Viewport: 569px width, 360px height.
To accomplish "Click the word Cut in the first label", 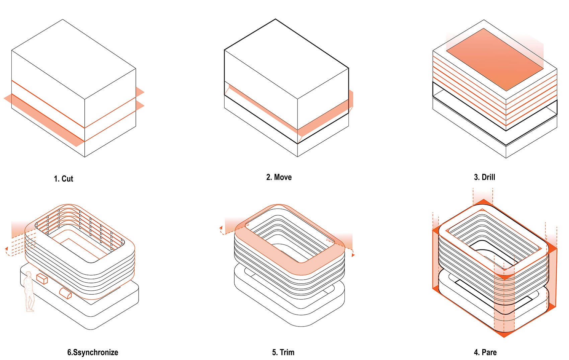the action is [x=67, y=179].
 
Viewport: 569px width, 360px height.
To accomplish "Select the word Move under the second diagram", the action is [x=283, y=177].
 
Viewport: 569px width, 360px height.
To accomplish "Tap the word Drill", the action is [x=488, y=177].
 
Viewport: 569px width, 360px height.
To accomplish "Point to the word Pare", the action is [x=489, y=352].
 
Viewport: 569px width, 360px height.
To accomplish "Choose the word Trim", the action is [x=287, y=352].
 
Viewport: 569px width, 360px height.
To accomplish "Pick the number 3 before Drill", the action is [x=476, y=177].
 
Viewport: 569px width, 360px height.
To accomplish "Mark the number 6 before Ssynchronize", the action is [x=69, y=352].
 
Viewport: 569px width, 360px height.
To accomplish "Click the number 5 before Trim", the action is [x=274, y=352].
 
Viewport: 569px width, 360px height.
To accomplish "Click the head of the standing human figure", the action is [x=29, y=274].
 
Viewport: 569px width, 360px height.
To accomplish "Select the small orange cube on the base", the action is [x=42, y=279].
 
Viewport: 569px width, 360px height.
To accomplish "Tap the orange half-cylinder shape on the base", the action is [x=65, y=293].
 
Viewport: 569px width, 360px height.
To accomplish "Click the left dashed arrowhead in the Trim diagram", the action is [x=221, y=228].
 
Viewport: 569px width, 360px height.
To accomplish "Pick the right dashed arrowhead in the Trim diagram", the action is [x=353, y=255].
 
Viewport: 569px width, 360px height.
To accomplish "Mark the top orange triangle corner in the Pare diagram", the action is [x=483, y=202].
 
